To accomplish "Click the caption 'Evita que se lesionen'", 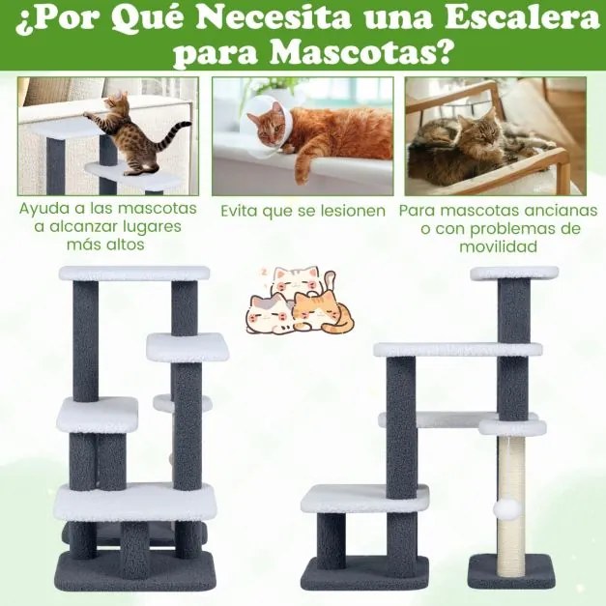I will pos(303,211).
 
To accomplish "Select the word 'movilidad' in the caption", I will pos(498,246).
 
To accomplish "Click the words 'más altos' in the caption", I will pos(106,245).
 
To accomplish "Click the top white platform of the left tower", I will pos(133,273).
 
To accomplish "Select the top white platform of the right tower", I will pos(514,273).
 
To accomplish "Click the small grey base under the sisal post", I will pos(511,574).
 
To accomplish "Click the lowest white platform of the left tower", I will pos(135,501).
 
